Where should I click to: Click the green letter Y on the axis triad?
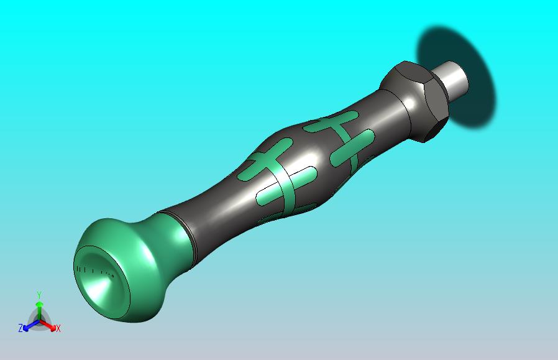39,295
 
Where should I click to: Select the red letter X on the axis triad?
58,328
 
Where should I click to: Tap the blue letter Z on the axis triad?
21,328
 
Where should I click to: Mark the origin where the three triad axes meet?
39,321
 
